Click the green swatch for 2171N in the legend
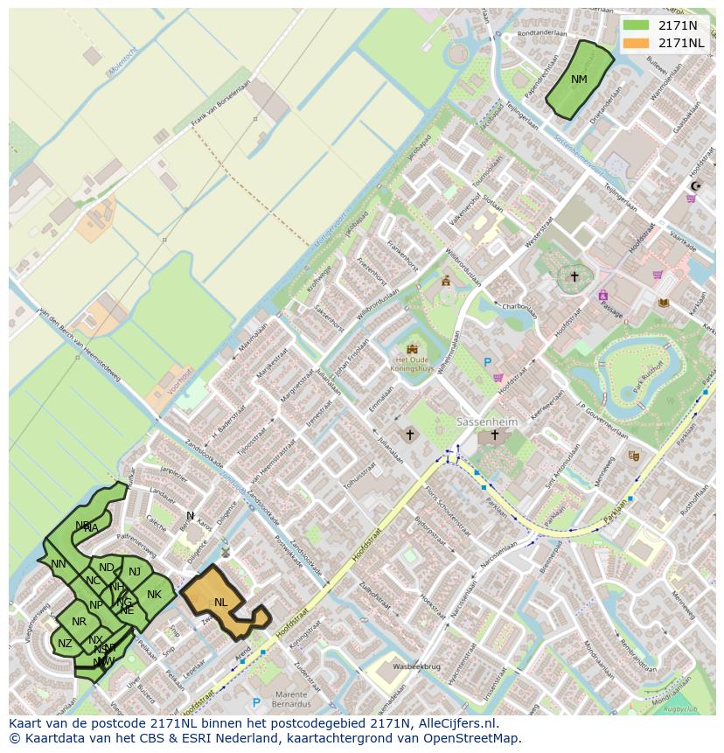click(x=636, y=25)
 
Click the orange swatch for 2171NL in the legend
click(x=636, y=43)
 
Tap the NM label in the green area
click(x=579, y=80)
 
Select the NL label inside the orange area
click(x=220, y=602)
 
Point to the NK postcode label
click(x=154, y=595)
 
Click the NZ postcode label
click(x=65, y=644)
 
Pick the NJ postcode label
click(x=135, y=572)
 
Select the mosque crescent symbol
click(x=696, y=185)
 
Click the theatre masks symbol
click(x=633, y=456)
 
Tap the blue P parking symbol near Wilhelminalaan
click(x=488, y=362)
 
